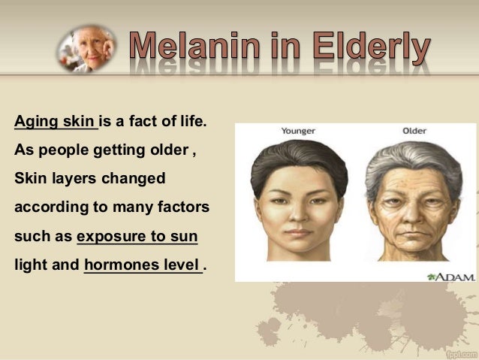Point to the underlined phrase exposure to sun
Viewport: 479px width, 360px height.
pos(137,237)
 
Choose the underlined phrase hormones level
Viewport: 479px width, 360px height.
pos(142,265)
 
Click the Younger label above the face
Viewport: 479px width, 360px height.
pos(298,131)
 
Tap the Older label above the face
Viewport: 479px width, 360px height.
pos(414,131)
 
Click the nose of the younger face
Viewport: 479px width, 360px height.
pos(300,214)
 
